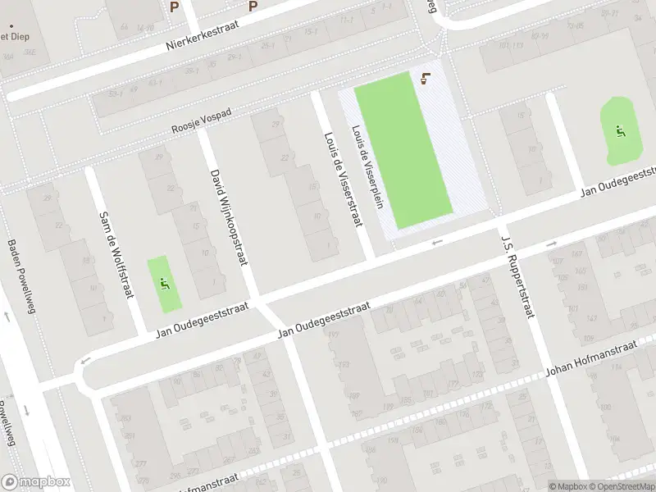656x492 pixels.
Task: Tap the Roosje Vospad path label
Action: pyautogui.click(x=203, y=124)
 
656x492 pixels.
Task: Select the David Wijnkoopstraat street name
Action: pyautogui.click(x=228, y=217)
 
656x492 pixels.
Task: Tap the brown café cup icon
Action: pyautogui.click(x=423, y=79)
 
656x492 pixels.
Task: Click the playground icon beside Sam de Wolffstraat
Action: pyautogui.click(x=166, y=284)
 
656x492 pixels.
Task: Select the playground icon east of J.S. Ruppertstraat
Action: pyautogui.click(x=619, y=130)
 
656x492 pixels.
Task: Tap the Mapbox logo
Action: pyautogui.click(x=36, y=482)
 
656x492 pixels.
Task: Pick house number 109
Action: pyautogui.click(x=587, y=337)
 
